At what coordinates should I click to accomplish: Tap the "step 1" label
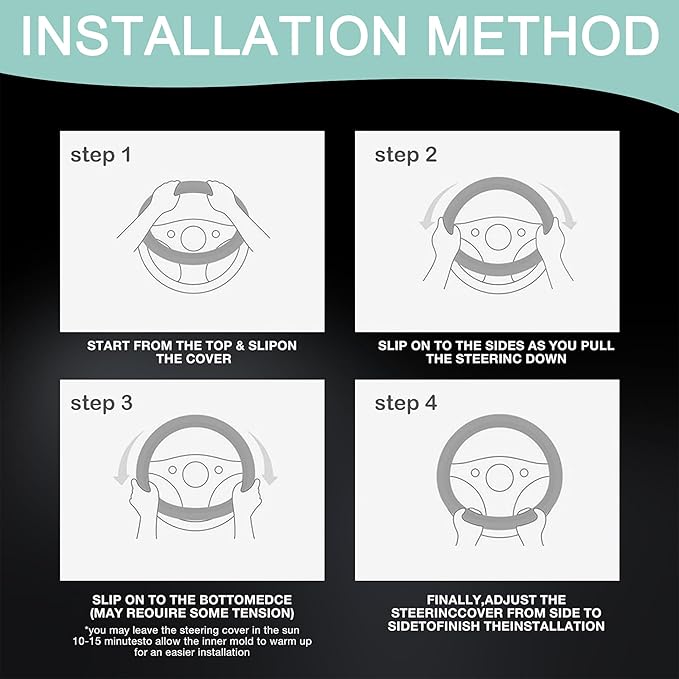click(x=101, y=155)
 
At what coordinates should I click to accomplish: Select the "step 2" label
click(x=406, y=155)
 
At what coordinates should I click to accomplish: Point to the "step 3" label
click(x=101, y=403)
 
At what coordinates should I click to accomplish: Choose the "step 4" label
click(x=406, y=403)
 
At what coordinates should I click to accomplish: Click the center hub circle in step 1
click(x=193, y=238)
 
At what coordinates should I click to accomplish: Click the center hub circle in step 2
click(x=498, y=237)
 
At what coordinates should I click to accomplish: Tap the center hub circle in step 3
click(x=196, y=474)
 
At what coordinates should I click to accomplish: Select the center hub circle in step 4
click(x=500, y=478)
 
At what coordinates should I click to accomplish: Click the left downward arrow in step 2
click(x=433, y=207)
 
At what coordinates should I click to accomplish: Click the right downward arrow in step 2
click(x=562, y=207)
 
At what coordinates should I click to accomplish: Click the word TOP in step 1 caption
click(x=218, y=346)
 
